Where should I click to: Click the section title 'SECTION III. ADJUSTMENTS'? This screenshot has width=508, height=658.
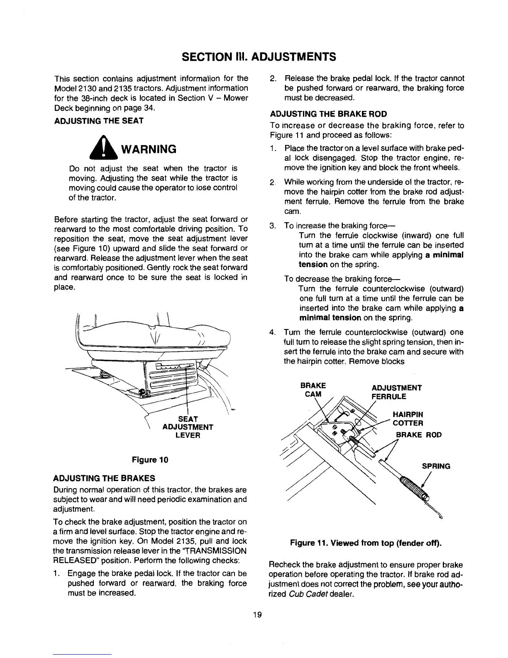pos(254,56)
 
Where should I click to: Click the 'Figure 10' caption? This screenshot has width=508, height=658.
pos(150,460)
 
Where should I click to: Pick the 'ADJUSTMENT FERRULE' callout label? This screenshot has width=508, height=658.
pos(397,392)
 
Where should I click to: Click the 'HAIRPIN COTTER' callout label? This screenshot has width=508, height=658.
pos(408,419)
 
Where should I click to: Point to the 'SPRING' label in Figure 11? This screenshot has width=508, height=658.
pos(436,466)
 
